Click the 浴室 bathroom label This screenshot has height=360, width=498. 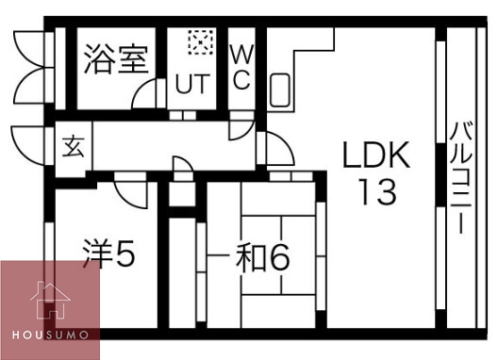pyautogui.click(x=114, y=59)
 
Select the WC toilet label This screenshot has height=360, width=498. pyautogui.click(x=241, y=65)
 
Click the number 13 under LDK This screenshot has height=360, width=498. pyautogui.click(x=375, y=192)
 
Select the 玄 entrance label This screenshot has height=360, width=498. pyautogui.click(x=73, y=146)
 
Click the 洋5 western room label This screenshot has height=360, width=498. pyautogui.click(x=109, y=254)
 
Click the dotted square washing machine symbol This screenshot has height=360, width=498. pyautogui.click(x=199, y=41)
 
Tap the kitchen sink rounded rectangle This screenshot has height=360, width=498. pyautogui.click(x=282, y=90)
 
